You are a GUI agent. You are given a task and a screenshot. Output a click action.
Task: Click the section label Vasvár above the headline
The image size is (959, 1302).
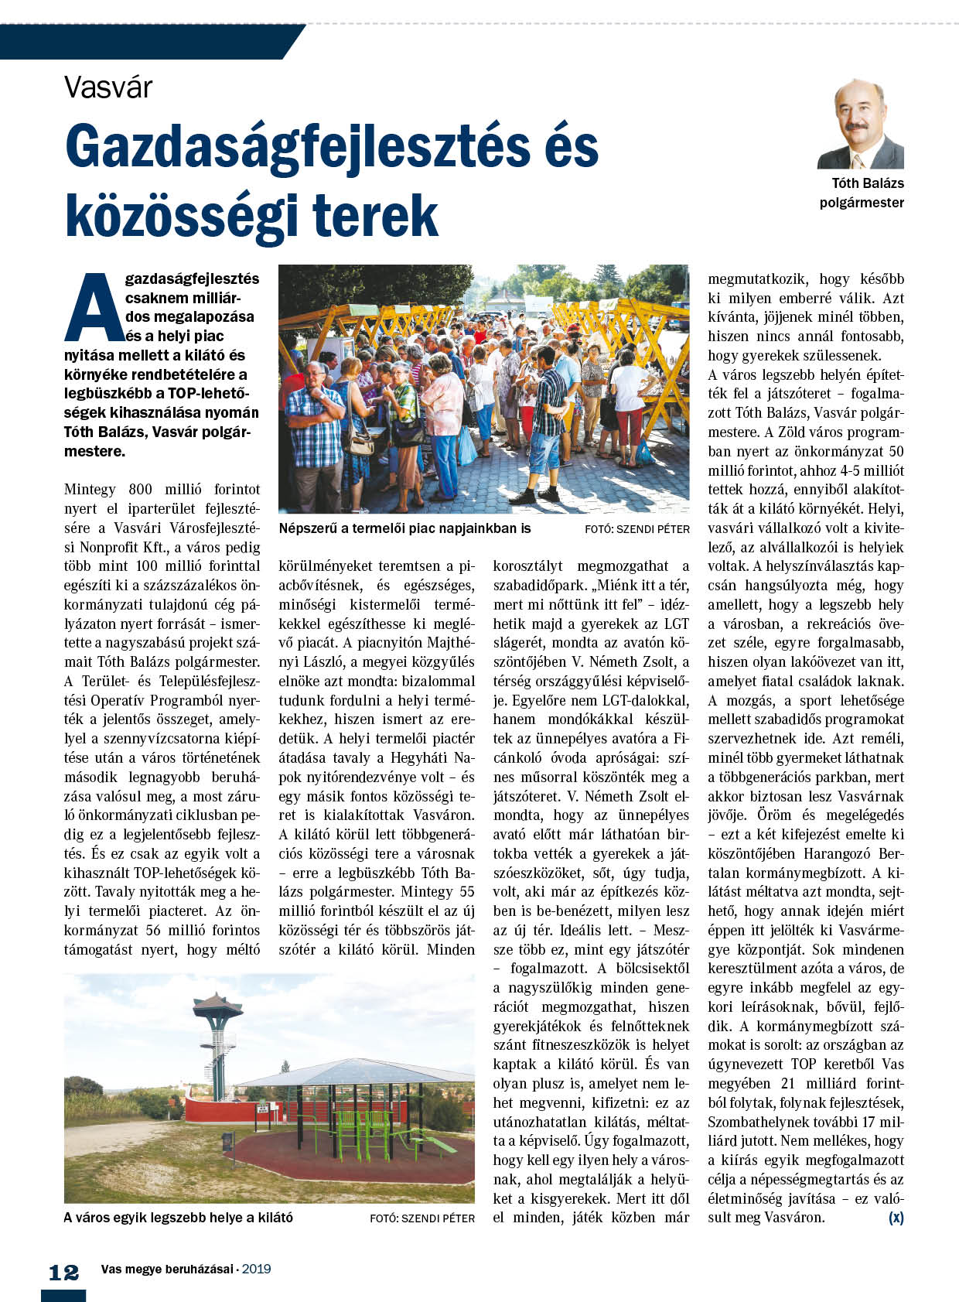point(108,87)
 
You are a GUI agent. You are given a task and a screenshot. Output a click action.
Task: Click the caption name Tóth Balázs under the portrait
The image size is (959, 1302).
point(867,183)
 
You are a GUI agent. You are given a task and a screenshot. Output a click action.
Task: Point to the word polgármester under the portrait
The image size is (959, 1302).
point(862,203)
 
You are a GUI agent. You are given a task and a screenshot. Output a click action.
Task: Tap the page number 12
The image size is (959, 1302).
point(63,1273)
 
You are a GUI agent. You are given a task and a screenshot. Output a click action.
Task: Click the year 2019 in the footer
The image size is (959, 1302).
point(256,1269)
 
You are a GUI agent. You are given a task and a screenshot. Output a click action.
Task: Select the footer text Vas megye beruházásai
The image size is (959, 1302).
point(166,1269)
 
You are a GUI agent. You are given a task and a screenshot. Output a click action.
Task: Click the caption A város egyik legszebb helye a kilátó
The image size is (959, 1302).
point(178,1218)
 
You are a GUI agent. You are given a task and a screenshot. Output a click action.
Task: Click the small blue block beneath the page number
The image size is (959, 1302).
point(63,1295)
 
